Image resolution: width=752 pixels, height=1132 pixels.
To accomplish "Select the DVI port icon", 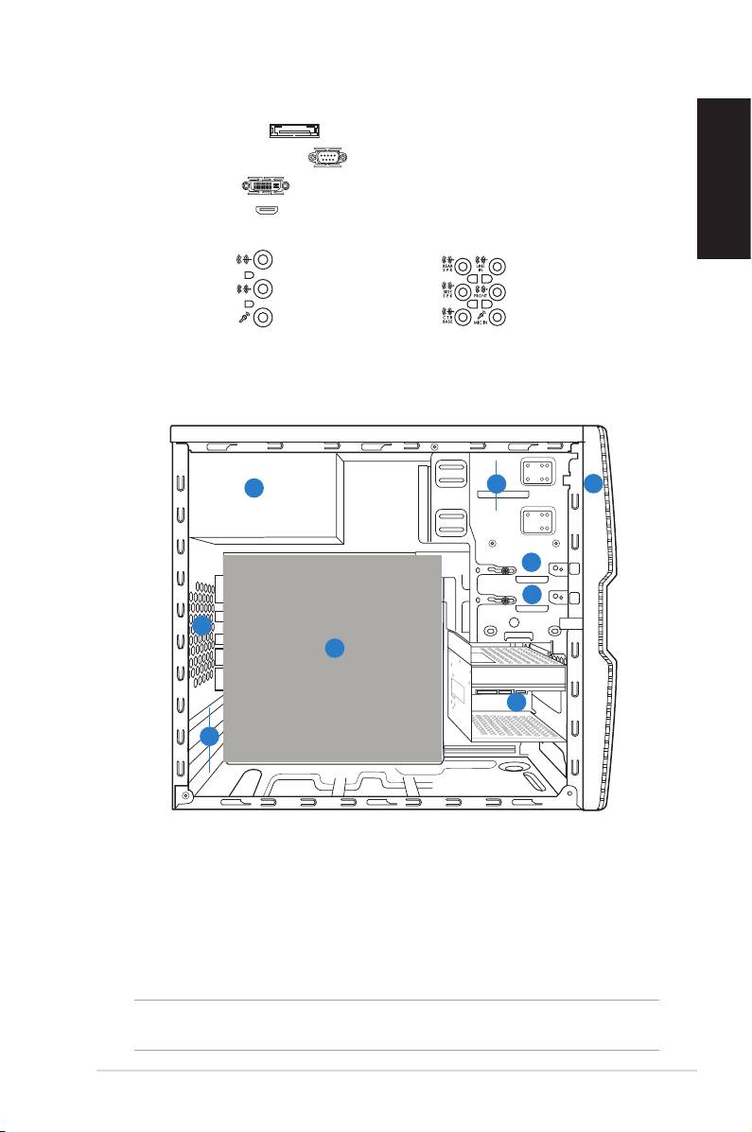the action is pos(264,186).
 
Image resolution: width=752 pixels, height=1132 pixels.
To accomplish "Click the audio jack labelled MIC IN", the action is pos(500,319).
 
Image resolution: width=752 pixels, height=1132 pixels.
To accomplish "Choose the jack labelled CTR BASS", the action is pos(464,319).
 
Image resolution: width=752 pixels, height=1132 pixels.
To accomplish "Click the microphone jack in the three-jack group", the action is pos(265,319).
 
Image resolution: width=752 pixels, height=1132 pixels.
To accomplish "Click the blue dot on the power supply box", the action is pos(254,488).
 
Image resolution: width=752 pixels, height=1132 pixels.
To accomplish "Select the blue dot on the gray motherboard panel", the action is pos(333,648).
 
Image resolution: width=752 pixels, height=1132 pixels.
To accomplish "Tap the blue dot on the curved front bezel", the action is pos(592,484).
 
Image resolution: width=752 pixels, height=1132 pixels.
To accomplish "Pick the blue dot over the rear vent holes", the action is pos(201,625).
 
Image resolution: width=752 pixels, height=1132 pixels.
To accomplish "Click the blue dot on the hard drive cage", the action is pos(516,703).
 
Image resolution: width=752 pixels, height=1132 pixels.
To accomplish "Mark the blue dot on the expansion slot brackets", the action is pos(210,735).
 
